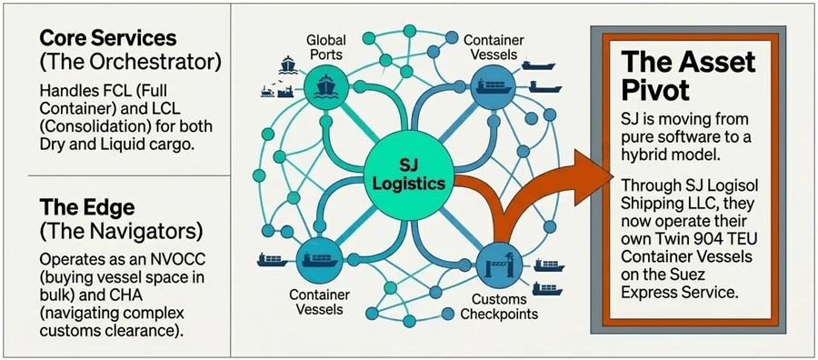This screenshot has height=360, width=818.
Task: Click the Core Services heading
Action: coord(107,39)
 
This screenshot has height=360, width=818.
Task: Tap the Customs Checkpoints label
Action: coord(505,306)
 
